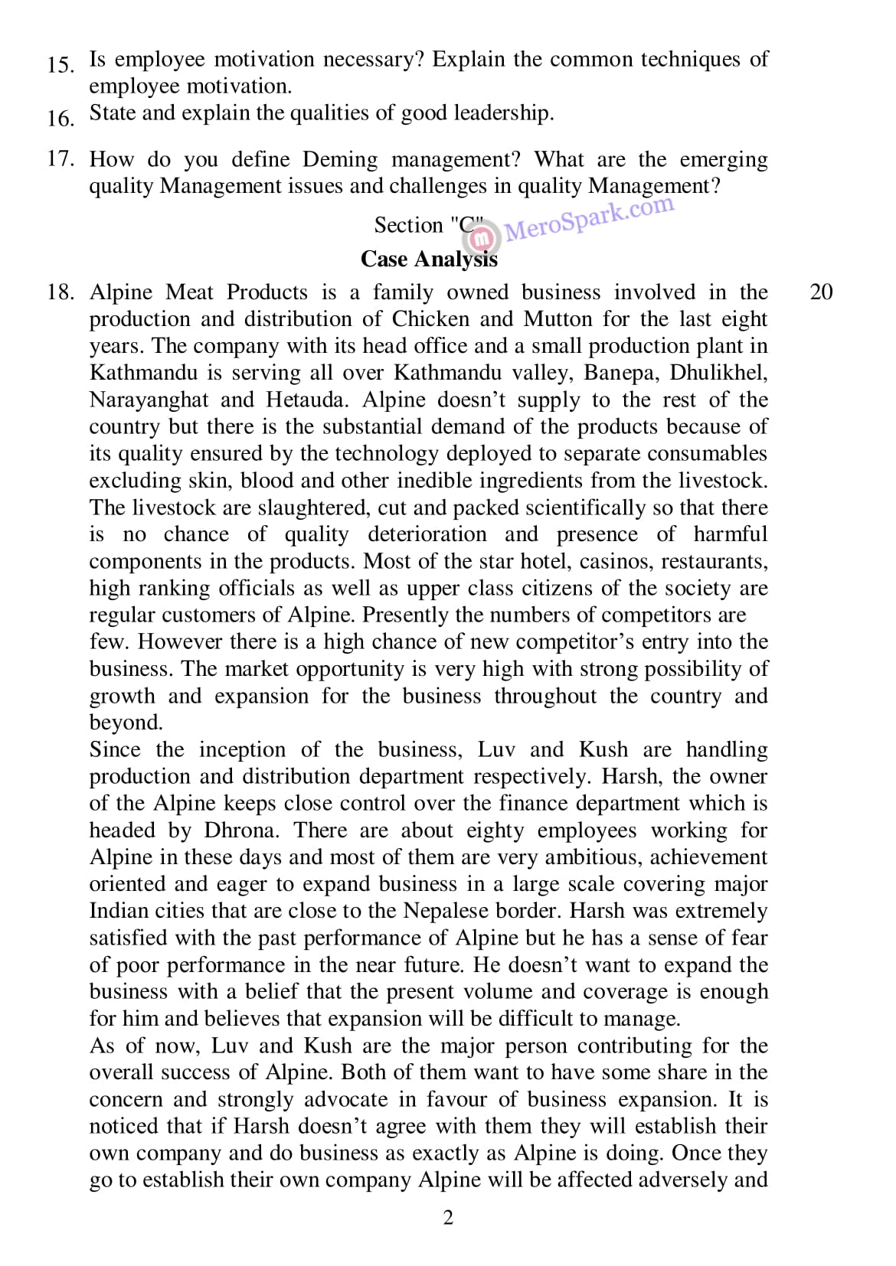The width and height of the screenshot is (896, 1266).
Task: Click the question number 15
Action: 60,64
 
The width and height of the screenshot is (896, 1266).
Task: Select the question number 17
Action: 60,159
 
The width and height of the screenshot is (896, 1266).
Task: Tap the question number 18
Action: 60,292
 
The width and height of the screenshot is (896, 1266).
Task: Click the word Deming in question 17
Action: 340,159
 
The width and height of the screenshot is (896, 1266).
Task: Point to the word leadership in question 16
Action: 502,113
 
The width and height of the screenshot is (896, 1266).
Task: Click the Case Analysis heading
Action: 429,259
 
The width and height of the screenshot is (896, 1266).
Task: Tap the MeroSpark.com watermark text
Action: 590,219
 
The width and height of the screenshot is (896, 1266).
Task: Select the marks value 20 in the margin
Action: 821,292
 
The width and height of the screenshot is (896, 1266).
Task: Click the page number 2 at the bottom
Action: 448,1218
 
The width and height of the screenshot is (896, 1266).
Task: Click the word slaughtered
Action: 309,507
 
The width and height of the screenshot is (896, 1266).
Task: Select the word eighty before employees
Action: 495,830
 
